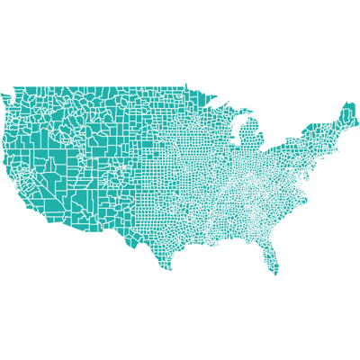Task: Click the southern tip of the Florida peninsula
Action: [x=275, y=273]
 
